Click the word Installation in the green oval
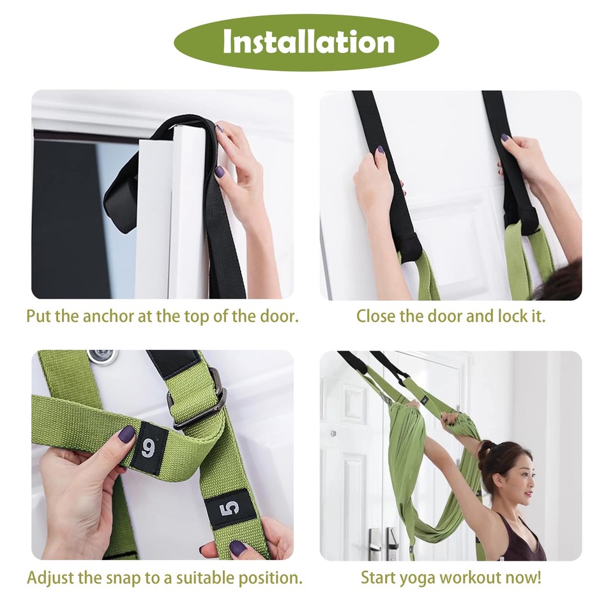pyautogui.click(x=308, y=42)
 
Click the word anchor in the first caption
pyautogui.click(x=106, y=316)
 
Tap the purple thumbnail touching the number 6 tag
pyautogui.click(x=126, y=434)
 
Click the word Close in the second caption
pyautogui.click(x=376, y=316)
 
